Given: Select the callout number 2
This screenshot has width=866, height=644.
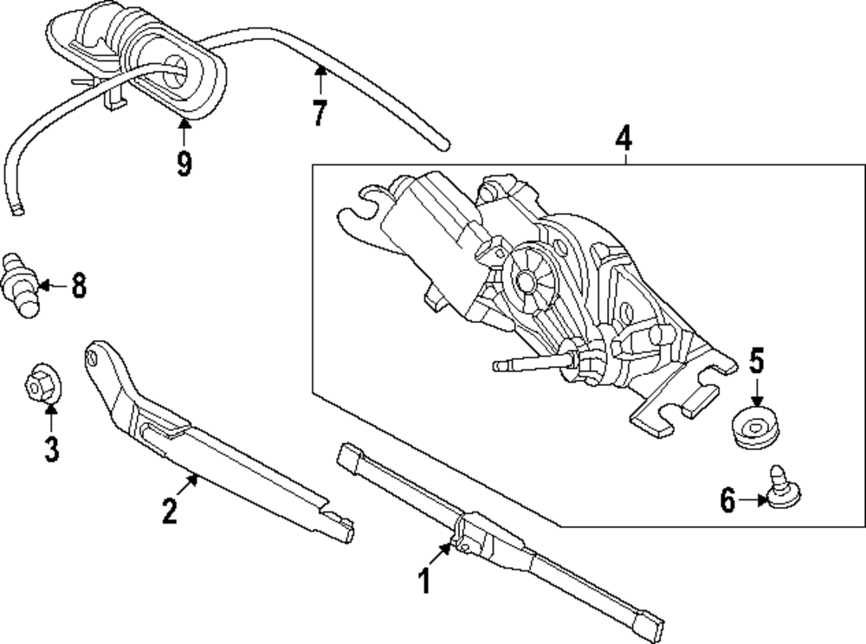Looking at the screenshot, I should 170,511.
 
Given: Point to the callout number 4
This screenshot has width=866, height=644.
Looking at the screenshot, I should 624,138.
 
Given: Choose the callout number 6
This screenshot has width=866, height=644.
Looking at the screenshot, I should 727,499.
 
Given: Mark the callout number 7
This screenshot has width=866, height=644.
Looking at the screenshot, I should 320,113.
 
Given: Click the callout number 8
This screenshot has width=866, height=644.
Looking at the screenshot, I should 79,286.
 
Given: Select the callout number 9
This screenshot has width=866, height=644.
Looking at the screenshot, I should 184,163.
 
